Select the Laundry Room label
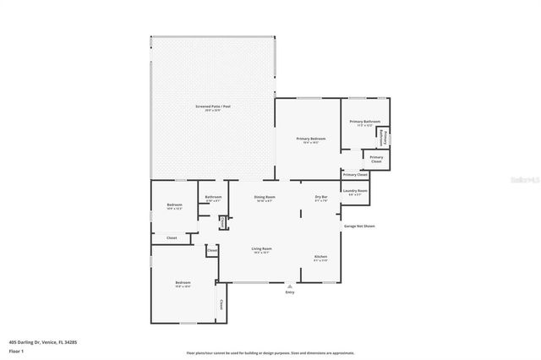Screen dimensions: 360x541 coord(355,192)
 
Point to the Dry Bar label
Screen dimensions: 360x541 coord(321,199)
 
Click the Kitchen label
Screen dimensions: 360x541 coord(321,258)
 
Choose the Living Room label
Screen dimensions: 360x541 coord(261,250)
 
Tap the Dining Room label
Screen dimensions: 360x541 coord(264,199)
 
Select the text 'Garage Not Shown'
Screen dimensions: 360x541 coord(358,226)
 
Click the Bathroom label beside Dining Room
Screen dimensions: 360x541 coord(213,199)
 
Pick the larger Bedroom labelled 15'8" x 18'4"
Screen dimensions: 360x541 coord(183,284)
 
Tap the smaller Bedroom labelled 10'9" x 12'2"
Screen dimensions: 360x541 coord(174,206)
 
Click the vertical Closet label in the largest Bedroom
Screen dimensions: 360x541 coord(222,304)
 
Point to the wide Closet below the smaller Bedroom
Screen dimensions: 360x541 coord(172,238)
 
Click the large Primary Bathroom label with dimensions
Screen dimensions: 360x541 coord(363,124)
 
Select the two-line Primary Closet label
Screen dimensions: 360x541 coord(376,159)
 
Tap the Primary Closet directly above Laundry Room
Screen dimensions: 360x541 coord(355,175)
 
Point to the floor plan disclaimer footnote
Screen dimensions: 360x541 coord(270,353)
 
